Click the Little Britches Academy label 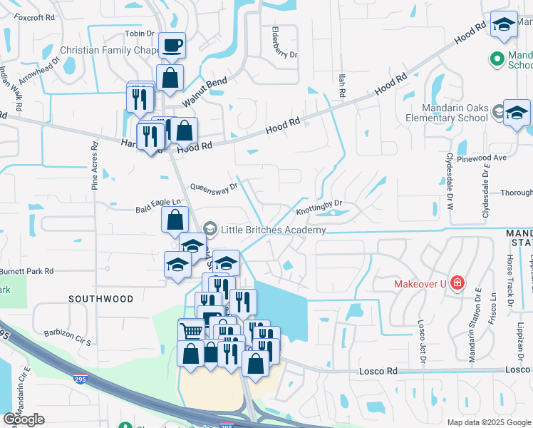[x=273, y=230]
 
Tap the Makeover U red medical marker [x=456, y=284]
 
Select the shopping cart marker [x=191, y=331]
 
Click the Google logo [x=24, y=419]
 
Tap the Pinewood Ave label [x=487, y=157]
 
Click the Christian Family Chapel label [x=108, y=50]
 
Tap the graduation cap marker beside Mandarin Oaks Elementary [x=516, y=112]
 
